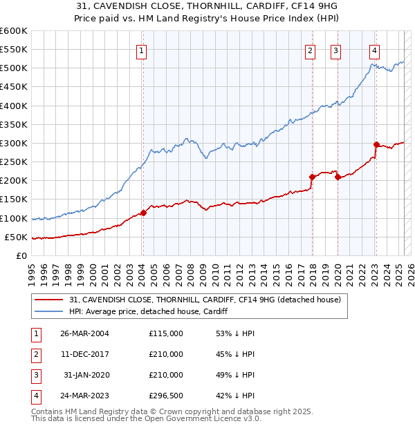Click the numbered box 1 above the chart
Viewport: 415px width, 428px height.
pos(141,50)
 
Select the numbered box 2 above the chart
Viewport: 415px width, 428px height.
pos(310,50)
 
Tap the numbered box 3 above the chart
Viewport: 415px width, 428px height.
pos(335,50)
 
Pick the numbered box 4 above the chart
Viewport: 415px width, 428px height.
pos(374,50)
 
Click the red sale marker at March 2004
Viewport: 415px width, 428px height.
pos(143,213)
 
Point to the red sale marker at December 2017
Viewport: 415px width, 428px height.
pos(312,177)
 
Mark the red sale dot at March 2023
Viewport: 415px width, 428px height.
pos(376,144)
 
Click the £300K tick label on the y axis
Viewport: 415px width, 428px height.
pos(14,143)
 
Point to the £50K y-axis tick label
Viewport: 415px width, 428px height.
pos(17,237)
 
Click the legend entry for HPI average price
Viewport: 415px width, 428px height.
pos(149,312)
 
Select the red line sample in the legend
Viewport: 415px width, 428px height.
pos(49,300)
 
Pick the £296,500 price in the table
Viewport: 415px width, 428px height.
pos(166,396)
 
